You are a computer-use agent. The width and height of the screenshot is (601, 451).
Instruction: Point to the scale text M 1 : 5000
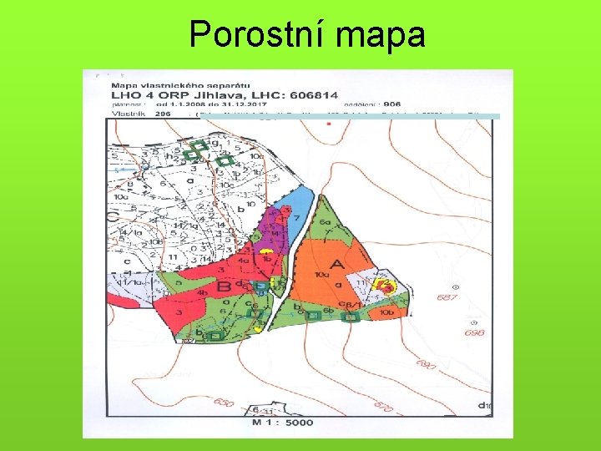(282, 423)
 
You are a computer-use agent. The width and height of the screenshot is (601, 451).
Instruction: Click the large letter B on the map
(225, 287)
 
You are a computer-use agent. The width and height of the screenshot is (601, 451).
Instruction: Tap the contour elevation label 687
(447, 298)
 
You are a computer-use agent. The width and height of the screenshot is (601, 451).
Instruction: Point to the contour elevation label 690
(426, 365)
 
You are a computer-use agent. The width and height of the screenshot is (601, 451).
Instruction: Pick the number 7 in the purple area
(295, 219)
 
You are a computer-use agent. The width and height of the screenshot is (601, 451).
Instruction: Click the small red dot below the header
(329, 124)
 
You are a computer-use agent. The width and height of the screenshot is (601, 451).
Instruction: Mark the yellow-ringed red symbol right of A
(385, 286)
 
